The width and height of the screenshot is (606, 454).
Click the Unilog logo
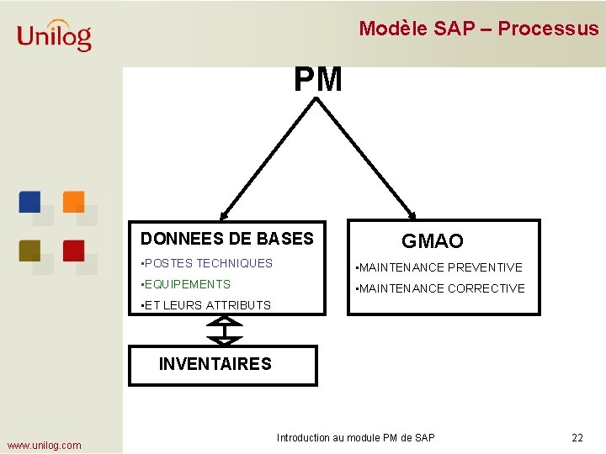pos(54,35)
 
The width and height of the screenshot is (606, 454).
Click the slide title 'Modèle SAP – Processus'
pos(478,29)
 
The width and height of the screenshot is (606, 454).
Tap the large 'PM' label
pos(317,80)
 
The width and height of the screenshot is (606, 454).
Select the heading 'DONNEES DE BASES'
pos(226,239)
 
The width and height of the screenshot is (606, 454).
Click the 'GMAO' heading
pos(432,241)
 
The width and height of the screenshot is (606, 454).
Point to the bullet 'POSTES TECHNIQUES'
pos(208,263)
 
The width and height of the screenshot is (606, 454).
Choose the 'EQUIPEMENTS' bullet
pos(187,284)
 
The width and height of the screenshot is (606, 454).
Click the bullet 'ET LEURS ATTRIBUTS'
pos(207,305)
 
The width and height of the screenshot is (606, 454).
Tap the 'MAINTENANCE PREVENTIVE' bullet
pos(439,267)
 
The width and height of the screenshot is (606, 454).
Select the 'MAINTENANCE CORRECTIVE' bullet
pos(440,288)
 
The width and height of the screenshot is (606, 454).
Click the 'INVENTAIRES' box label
pos(215,364)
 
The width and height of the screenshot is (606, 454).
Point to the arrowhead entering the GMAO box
pos(412,214)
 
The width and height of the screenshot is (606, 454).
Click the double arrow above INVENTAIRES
pos(224,330)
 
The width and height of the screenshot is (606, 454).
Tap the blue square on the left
pos(30,202)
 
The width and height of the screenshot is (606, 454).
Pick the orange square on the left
pos(74,202)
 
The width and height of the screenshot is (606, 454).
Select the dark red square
pos(74,250)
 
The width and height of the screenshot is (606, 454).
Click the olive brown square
pos(30,250)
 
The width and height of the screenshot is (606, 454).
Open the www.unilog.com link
pos(44,445)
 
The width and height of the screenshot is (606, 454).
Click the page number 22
pos(577,438)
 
